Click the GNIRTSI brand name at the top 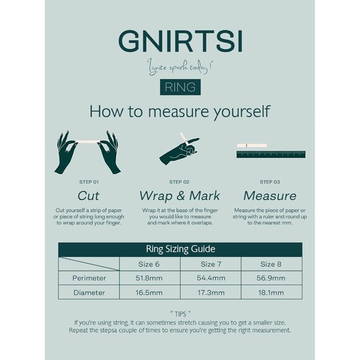coord(181,42)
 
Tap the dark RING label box coord(180,87)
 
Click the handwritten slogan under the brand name coord(180,68)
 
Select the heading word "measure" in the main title coord(179,112)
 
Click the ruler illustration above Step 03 coord(271,154)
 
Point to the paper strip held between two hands coord(88,142)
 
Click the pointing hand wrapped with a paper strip coord(180,150)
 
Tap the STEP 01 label coord(89,182)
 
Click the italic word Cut coord(88,196)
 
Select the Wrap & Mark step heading coord(179,196)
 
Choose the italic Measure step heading coord(270,196)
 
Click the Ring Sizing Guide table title coord(181,249)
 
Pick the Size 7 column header coord(211,264)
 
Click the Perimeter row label coord(89,278)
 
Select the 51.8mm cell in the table coord(149,278)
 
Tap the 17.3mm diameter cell coord(211,292)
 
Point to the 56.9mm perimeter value coord(271,278)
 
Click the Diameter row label coord(89,292)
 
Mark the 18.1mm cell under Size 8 coord(271,292)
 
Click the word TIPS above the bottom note coord(180,314)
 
